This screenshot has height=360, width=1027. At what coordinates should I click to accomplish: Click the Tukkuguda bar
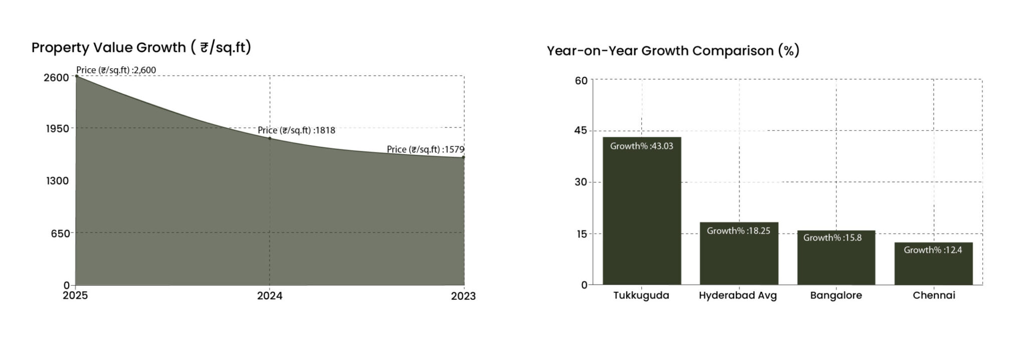(641, 211)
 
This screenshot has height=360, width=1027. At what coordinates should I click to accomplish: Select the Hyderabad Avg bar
(739, 253)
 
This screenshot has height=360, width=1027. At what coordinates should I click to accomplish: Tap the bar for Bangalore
(836, 258)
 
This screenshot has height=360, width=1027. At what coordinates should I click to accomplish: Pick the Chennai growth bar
(933, 264)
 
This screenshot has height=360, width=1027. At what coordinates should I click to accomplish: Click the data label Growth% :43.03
(641, 146)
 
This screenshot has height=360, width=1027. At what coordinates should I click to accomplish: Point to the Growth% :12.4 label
(933, 250)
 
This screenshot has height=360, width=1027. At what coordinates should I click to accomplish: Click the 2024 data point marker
(270, 138)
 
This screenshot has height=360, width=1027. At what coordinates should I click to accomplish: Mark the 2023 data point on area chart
(463, 157)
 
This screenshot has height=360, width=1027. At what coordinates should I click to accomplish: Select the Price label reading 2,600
(116, 70)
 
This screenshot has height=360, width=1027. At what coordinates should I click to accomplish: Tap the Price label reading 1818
(296, 131)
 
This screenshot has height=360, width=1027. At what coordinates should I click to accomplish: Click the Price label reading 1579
(425, 149)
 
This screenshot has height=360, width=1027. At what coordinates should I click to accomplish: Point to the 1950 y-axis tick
(57, 129)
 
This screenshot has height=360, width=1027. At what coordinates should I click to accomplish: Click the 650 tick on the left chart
(60, 233)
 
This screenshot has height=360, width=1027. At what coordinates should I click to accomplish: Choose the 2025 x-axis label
(75, 296)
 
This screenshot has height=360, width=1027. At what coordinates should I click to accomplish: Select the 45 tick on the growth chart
(581, 131)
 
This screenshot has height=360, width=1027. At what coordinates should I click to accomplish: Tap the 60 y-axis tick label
(581, 81)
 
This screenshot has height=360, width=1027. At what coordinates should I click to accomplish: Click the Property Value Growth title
(141, 48)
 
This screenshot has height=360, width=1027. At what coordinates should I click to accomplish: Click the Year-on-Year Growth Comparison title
(672, 51)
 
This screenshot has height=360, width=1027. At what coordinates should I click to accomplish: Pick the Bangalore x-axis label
(836, 295)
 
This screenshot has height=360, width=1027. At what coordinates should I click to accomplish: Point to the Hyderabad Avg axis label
(738, 295)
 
